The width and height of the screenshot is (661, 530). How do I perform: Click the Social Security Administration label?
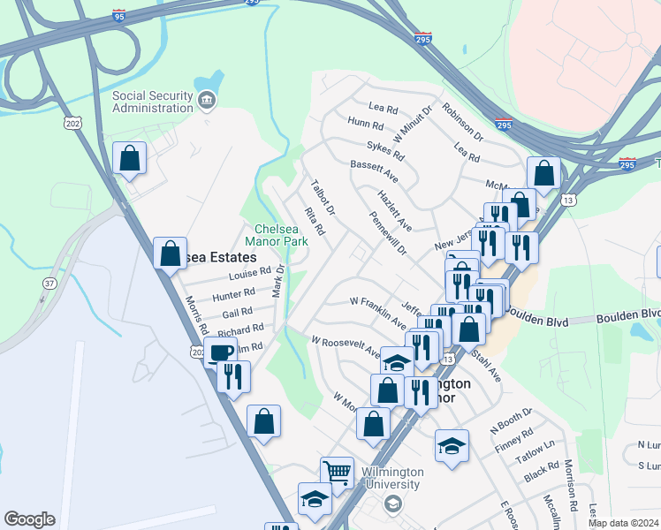(x=152, y=102)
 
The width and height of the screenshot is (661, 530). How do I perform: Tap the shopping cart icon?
(x=337, y=473)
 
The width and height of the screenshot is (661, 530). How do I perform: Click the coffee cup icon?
(x=220, y=353)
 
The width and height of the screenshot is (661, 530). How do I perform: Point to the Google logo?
(x=29, y=519)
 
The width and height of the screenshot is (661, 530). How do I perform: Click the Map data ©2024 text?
(x=623, y=523)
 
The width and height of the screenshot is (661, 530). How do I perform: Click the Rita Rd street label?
(x=315, y=222)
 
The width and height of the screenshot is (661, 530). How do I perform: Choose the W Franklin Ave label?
(x=377, y=305)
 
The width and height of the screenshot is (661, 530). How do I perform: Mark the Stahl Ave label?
(x=487, y=367)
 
